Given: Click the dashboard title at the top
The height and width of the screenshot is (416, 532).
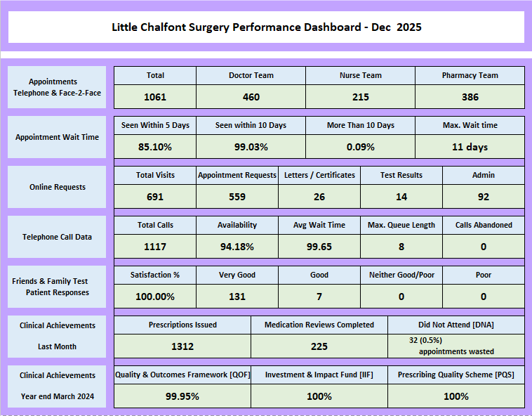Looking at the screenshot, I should point(267,27).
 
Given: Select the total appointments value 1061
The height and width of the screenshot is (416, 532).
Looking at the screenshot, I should point(155,97).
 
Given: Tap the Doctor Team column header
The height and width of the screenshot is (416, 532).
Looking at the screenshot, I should point(251,75).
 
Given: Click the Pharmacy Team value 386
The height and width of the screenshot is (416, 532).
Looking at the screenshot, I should point(470,97).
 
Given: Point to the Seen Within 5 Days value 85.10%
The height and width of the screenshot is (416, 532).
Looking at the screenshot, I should point(155,147).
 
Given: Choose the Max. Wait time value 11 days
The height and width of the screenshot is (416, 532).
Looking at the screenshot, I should point(470,147).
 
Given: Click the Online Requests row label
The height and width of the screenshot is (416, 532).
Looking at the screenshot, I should point(58,187).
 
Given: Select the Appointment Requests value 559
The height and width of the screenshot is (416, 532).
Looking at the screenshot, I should point(237,197).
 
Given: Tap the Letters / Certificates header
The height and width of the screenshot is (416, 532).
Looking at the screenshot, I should point(319,175).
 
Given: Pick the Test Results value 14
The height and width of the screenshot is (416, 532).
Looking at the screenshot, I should point(401,197).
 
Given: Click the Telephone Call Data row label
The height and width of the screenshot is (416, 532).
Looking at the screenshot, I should point(58,237).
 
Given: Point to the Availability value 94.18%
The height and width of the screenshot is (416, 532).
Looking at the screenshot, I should point(237,247).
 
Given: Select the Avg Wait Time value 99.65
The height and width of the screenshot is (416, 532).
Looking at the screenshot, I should point(319,247).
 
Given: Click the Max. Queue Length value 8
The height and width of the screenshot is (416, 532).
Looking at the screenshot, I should point(401,247).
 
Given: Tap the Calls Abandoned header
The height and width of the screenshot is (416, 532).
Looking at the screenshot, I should point(484,225).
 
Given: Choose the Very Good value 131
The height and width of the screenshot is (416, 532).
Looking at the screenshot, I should point(237,297).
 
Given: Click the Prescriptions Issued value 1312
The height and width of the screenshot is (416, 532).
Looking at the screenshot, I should point(182,346).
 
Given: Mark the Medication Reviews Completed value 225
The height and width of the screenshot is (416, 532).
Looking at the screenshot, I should point(319,346).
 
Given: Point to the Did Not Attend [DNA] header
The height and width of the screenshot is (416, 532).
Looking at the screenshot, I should point(456,325).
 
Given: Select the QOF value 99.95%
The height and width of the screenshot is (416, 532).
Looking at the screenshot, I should point(182,396).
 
